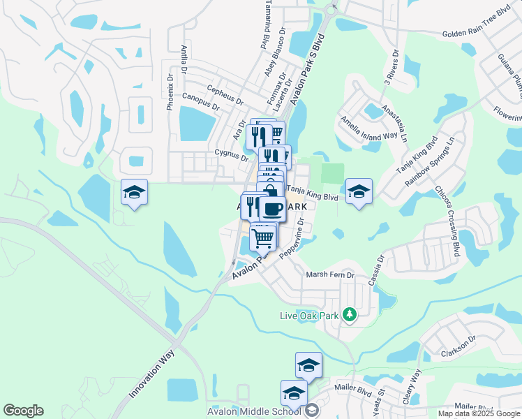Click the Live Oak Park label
tap(309, 316)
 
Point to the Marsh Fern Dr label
tap(331, 275)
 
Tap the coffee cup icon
tap(273, 207)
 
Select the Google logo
tap(23, 410)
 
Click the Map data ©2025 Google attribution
tap(479, 413)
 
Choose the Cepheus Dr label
tap(225, 94)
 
